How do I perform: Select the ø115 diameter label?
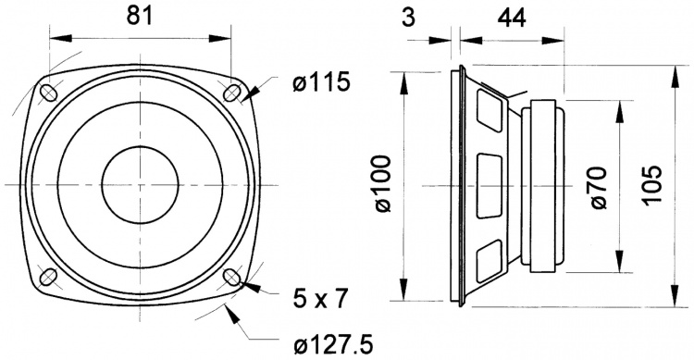click(x=320, y=82)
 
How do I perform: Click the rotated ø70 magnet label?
click(x=597, y=186)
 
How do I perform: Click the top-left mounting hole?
click(x=46, y=93)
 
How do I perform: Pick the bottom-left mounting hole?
click(x=46, y=276)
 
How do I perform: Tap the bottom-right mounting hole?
click(x=233, y=277)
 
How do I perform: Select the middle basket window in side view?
click(x=489, y=185)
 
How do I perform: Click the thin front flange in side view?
click(x=457, y=185)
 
